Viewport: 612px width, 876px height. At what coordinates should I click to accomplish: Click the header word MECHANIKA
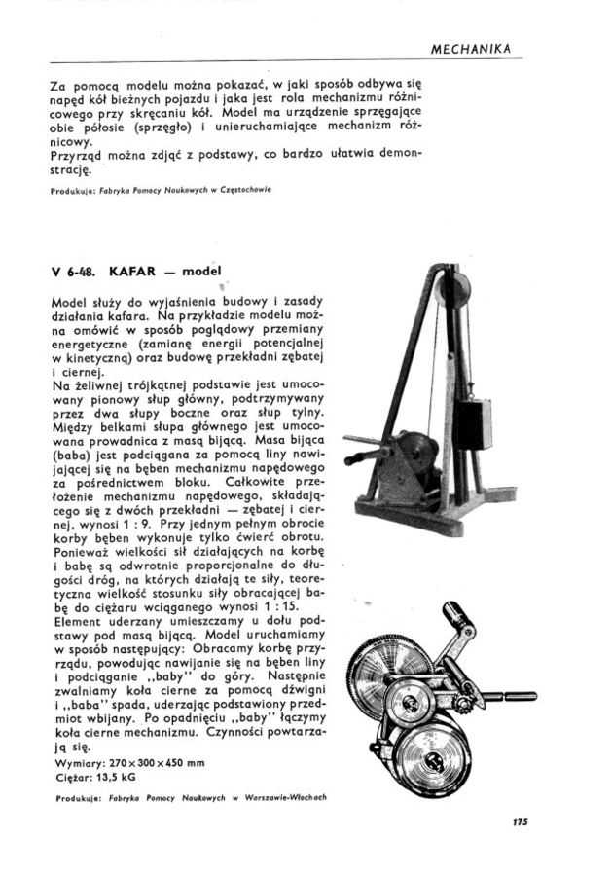coord(472,49)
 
